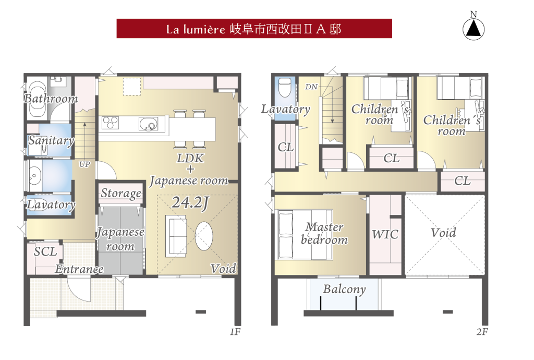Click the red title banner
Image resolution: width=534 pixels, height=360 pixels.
point(254,29)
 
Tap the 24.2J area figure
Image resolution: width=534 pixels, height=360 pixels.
point(190,203)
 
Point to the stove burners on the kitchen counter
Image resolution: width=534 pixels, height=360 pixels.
point(110,123)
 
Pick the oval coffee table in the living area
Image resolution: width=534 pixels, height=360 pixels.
point(204,236)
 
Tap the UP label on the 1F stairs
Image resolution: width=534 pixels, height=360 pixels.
point(84,164)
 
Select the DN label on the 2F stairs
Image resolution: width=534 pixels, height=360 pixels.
point(311,87)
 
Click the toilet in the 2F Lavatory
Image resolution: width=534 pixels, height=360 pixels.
point(285,88)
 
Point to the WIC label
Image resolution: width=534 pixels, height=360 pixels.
point(385,234)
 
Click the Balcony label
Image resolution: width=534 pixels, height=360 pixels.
point(344,289)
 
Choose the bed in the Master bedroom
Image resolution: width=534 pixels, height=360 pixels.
point(305,234)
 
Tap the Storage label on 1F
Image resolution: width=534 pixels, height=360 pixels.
point(121,194)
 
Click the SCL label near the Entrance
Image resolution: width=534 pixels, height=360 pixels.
point(46,251)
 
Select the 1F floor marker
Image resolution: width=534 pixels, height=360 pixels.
point(235,331)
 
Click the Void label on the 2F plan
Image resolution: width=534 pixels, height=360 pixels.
point(443,233)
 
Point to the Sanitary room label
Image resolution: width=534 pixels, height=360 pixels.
point(51,140)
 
